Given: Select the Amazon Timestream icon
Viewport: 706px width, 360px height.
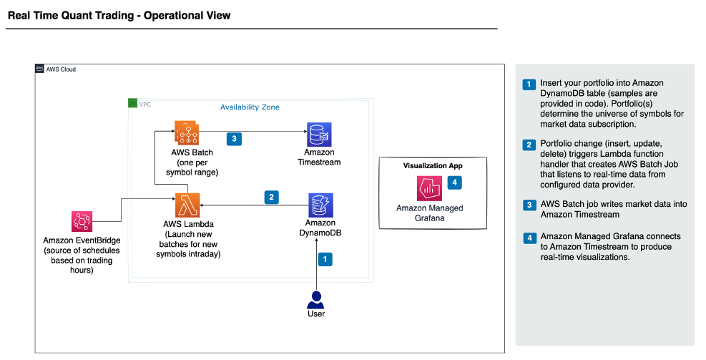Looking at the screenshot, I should pyautogui.click(x=319, y=134).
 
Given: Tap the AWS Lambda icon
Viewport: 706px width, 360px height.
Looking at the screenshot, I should pyautogui.click(x=187, y=205).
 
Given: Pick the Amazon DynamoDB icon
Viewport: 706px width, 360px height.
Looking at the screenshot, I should pyautogui.click(x=319, y=205).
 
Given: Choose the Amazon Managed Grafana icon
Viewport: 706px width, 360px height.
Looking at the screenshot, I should pyautogui.click(x=429, y=190).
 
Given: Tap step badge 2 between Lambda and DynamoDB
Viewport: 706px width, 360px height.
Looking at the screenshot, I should pyautogui.click(x=271, y=196).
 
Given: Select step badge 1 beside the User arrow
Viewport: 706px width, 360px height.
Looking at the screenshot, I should pyautogui.click(x=325, y=259).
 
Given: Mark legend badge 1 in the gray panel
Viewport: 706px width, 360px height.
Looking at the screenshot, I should pyautogui.click(x=529, y=84).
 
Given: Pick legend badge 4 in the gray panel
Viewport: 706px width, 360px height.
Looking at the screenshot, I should pyautogui.click(x=529, y=238).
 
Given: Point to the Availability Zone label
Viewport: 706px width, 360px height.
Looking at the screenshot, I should pyautogui.click(x=249, y=107).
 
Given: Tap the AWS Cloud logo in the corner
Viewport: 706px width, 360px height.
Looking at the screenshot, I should pyautogui.click(x=40, y=69).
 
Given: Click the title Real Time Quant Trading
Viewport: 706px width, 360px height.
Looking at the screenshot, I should pyautogui.click(x=119, y=15).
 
